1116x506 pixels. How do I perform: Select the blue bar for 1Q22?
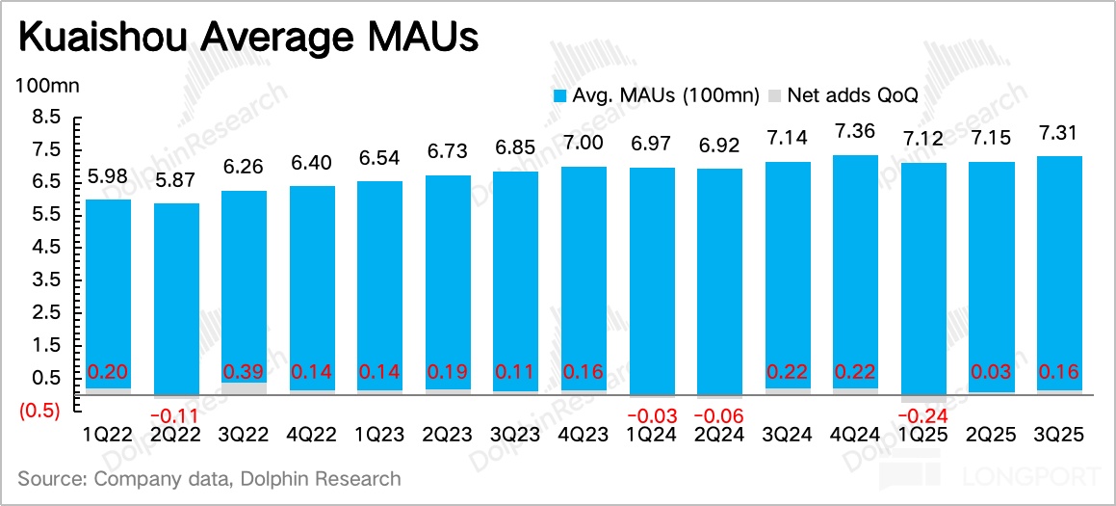tap(108, 289)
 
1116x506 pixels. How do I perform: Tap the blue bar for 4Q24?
tap(856, 270)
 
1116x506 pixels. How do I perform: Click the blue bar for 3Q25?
tap(1059, 270)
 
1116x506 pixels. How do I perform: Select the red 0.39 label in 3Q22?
tap(245, 372)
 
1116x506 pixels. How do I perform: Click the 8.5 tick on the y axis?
tap(47, 117)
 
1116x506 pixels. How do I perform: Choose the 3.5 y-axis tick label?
tap(47, 280)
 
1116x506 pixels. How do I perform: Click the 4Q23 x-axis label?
tap(584, 436)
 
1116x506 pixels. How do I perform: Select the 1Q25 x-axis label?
tap(924, 436)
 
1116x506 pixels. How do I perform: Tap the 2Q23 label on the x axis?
tap(448, 436)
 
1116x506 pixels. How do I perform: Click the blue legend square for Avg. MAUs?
tap(560, 95)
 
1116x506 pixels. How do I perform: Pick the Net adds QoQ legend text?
tap(853, 95)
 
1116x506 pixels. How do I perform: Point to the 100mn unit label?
tap(47, 85)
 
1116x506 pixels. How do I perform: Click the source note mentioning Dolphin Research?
tap(209, 478)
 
